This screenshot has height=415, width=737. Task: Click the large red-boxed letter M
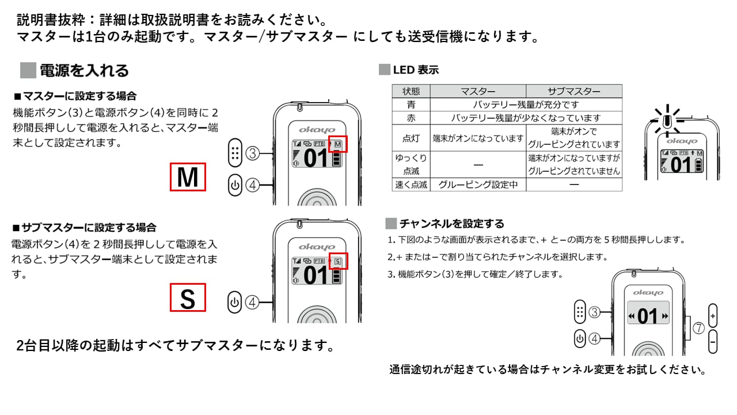188,177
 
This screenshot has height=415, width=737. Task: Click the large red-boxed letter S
188,299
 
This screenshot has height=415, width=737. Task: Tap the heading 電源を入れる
84,70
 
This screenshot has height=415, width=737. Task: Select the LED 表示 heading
416,70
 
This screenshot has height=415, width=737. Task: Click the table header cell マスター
478,91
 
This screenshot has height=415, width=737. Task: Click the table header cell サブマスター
573,91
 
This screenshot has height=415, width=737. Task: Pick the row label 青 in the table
411,105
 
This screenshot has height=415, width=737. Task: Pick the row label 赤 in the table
411,118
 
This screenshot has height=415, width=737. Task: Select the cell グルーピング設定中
478,185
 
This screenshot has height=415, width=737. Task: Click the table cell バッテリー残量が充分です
526,105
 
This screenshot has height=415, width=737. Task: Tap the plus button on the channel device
713,316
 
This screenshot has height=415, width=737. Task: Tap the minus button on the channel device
713,342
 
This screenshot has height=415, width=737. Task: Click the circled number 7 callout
698,329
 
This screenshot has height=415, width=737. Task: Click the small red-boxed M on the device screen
338,144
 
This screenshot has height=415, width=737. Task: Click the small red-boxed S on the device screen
338,262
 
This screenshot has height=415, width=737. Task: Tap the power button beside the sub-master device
234,302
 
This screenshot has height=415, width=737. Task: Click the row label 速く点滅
411,185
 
